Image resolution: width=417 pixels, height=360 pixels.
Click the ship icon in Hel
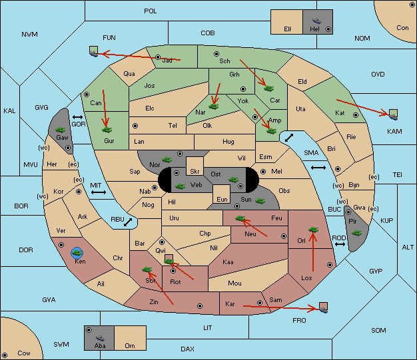point(316,21)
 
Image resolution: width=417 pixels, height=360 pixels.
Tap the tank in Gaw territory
point(61,130)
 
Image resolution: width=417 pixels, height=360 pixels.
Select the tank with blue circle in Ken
point(77,253)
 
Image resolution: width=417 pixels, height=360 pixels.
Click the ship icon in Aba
point(100,338)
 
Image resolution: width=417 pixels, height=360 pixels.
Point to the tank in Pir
point(356,233)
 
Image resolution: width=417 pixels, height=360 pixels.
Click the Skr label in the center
point(195,172)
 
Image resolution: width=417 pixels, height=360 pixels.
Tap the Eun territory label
point(222,199)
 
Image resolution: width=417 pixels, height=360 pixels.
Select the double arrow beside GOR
point(78,117)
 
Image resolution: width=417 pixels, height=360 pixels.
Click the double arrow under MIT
point(99,192)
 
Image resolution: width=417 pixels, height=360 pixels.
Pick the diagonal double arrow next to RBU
point(128,222)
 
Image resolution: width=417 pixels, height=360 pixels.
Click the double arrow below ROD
point(340,244)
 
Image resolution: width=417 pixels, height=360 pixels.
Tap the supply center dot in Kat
point(356,115)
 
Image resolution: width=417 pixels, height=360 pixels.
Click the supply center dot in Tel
point(135,125)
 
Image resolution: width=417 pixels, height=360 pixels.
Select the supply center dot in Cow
point(5,355)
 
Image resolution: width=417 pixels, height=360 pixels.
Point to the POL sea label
point(151,11)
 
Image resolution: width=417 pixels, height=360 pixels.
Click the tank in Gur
point(107,130)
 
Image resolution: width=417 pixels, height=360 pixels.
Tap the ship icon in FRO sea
point(323,309)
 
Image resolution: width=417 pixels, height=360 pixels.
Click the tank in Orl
point(313,230)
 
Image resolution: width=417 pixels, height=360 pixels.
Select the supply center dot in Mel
point(263,172)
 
